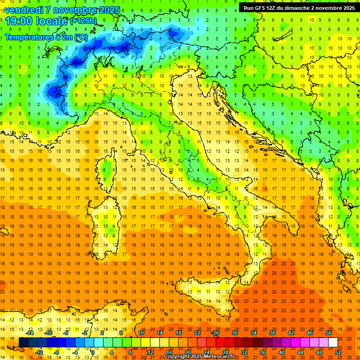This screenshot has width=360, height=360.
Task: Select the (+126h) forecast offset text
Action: (x=83, y=21)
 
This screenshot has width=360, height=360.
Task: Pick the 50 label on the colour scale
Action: (x=328, y=333)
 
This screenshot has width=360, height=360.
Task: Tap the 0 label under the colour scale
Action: (x=93, y=352)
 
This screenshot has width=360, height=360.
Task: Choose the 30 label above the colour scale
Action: (x=234, y=333)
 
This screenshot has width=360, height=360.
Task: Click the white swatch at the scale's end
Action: (x=333, y=342)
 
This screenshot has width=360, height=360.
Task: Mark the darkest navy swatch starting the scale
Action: (x=23, y=342)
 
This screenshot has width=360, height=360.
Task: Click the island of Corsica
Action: (x=107, y=171)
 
